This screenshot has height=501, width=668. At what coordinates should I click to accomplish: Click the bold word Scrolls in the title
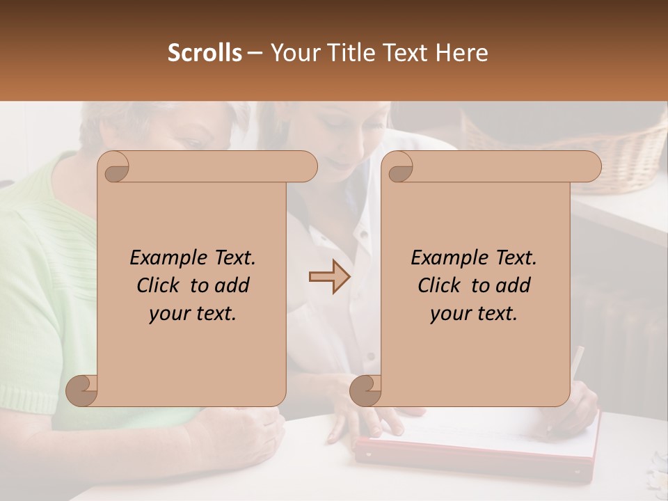pyautogui.click(x=205, y=52)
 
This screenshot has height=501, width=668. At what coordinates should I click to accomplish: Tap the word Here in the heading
pyautogui.click(x=461, y=52)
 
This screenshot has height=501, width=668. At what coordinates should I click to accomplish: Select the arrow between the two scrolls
pyautogui.click(x=329, y=277)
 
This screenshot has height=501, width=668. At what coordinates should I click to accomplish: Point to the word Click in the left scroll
pyautogui.click(x=159, y=285)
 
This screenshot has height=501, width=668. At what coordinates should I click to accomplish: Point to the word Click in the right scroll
pyautogui.click(x=440, y=285)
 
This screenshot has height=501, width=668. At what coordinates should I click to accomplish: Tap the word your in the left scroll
pyautogui.click(x=169, y=314)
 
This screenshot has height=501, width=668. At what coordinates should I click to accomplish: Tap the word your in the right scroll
pyautogui.click(x=450, y=314)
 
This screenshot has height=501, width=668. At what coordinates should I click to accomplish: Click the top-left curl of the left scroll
pyautogui.click(x=114, y=167)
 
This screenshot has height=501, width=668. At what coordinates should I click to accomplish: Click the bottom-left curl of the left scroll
pyautogui.click(x=81, y=390)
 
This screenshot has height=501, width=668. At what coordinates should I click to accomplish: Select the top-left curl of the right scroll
pyautogui.click(x=398, y=167)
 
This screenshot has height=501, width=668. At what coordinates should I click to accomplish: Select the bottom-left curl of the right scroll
pyautogui.click(x=365, y=390)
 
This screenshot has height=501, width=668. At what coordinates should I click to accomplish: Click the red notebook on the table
pyautogui.click(x=480, y=452)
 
